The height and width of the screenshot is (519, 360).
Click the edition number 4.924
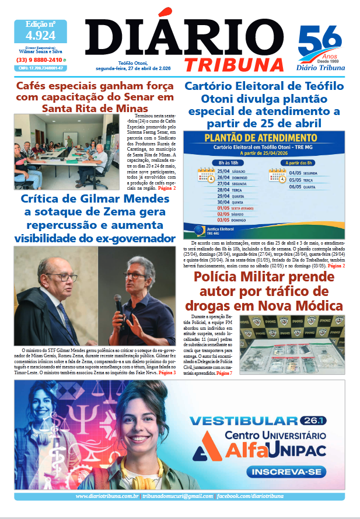40,36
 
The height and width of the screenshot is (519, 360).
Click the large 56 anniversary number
320,42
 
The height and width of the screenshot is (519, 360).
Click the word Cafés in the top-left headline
34,86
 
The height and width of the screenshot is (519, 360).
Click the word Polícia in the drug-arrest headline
216,276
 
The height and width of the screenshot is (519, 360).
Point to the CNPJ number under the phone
40,68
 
